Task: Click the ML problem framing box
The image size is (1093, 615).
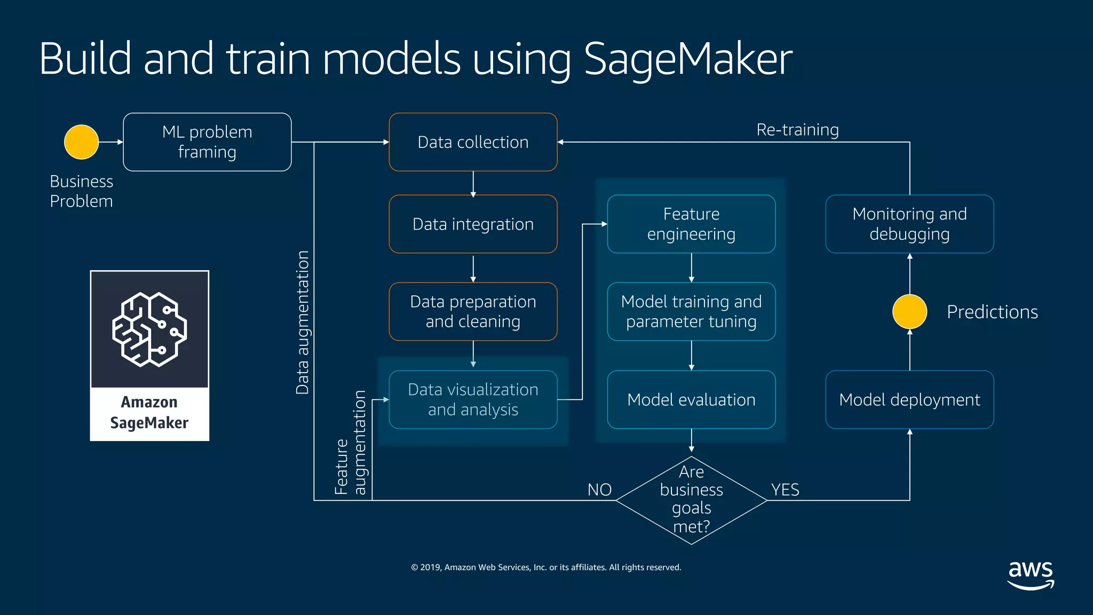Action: [x=207, y=142]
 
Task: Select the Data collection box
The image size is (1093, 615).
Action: [x=473, y=142]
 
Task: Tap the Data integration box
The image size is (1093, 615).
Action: [x=473, y=224]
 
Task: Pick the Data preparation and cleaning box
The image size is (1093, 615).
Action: [x=473, y=312]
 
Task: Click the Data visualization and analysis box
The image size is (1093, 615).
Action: [x=473, y=399]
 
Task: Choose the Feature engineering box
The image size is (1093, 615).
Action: [x=691, y=224]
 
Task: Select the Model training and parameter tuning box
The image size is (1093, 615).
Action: [x=691, y=312]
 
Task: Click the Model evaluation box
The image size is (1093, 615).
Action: [x=691, y=399]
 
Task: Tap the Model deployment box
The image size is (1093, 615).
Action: [x=909, y=399]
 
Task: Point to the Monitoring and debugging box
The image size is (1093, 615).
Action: [x=909, y=224]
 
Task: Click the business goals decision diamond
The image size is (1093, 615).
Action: [x=691, y=500]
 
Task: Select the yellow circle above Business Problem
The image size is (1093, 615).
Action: [x=81, y=142]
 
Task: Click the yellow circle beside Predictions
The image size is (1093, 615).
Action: [x=909, y=312]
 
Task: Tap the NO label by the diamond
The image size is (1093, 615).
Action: [x=599, y=490]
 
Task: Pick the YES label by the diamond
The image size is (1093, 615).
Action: [x=785, y=490]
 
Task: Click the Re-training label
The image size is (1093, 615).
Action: [x=797, y=130]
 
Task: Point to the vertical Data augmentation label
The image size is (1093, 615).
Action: [x=303, y=322]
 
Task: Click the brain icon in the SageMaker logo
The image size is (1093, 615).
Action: [x=149, y=329]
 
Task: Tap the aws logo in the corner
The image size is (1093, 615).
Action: [x=1031, y=574]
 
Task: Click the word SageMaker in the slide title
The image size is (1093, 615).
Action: [x=688, y=59]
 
